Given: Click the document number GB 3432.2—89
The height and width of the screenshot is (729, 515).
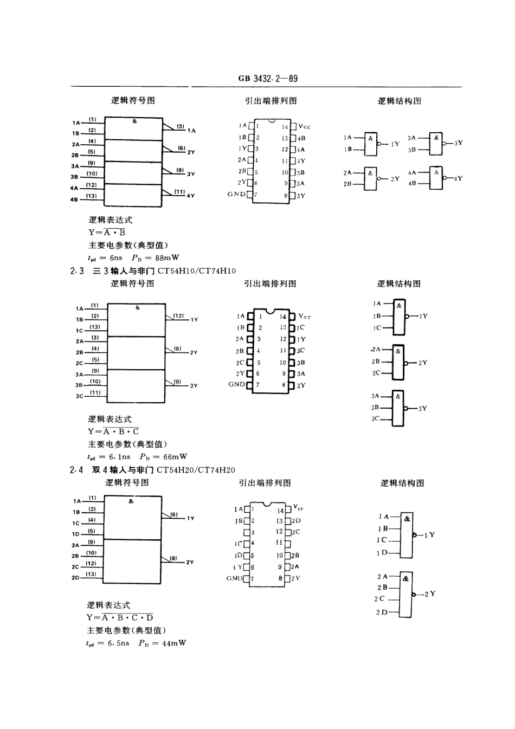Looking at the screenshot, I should click(x=268, y=79).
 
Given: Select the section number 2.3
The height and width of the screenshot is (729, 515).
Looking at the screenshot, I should click(x=76, y=271).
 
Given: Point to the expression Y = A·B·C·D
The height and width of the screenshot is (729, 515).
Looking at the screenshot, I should click(x=120, y=617).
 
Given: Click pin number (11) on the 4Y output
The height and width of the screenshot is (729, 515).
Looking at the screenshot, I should click(x=179, y=191).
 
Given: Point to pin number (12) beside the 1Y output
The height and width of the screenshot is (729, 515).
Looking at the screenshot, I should click(x=178, y=315).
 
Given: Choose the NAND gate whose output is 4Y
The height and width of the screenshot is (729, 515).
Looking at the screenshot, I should click(x=436, y=178).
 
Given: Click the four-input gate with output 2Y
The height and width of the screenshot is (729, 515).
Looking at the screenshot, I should click(x=405, y=595).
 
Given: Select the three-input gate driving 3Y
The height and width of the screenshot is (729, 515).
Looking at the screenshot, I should click(x=398, y=408).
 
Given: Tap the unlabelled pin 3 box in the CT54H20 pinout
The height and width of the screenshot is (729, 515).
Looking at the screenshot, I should click(x=247, y=532).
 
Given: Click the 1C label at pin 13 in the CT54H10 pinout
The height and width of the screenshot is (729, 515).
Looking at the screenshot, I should click(x=301, y=327).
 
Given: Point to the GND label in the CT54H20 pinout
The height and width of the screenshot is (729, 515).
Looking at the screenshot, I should click(x=235, y=578).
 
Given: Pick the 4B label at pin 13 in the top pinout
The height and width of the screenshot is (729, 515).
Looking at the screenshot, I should click(x=301, y=138).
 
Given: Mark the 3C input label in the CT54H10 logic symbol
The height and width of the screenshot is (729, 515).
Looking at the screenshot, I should click(x=79, y=396).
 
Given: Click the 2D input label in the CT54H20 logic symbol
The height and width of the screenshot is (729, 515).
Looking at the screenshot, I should click(x=75, y=578).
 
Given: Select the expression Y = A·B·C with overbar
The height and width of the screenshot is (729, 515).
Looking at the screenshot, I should click(x=113, y=431).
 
